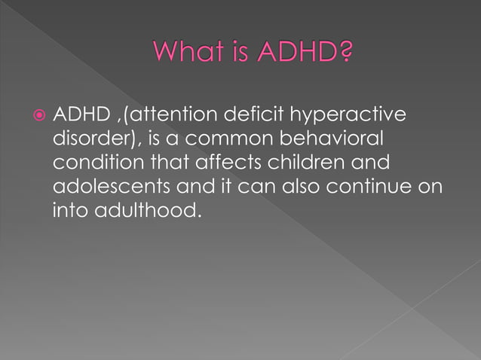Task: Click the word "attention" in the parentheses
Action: [x=165, y=115]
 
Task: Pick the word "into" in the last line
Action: [x=70, y=212]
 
